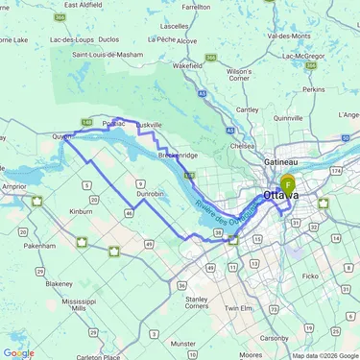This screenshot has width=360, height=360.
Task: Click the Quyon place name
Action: tap(62, 137)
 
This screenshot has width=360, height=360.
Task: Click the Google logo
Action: tap(19, 352)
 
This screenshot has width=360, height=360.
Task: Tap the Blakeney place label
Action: tap(58, 283)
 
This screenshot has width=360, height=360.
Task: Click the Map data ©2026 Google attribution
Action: tap(324, 355)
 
